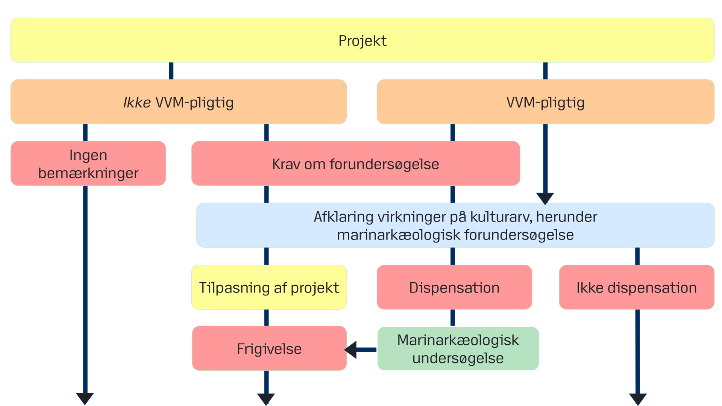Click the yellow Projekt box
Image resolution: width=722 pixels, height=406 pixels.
(362, 40)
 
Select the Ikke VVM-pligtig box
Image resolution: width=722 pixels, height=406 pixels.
(178, 102)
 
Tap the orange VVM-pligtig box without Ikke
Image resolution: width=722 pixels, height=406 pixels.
(545, 102)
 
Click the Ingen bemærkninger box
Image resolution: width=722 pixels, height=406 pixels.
(88, 164)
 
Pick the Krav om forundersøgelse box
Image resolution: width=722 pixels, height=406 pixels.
(355, 164)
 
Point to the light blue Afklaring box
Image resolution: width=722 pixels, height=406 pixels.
(455, 226)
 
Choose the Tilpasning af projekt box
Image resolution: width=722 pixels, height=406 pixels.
(269, 287)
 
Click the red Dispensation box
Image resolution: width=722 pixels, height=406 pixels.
(454, 287)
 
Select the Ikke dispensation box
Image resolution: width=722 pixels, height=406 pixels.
(636, 287)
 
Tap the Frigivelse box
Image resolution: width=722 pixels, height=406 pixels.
(269, 348)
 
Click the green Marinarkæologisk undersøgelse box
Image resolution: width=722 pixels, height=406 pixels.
(458, 348)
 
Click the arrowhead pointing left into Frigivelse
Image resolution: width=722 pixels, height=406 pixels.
(351, 350)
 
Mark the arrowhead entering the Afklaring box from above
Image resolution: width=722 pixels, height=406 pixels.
(545, 198)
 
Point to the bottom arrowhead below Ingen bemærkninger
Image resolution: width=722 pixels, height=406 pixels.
(85, 398)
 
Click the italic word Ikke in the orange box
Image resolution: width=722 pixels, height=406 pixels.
(137, 102)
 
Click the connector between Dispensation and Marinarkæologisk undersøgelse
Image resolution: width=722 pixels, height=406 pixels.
(453, 318)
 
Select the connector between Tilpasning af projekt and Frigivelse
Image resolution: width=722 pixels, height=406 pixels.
(266, 318)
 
